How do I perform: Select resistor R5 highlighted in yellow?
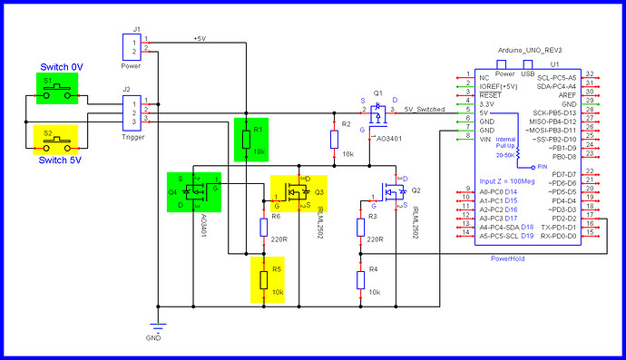pos(264,279)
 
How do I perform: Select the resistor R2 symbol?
pos(335,139)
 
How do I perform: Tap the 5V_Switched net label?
pos(424,108)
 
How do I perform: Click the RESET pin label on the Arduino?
pos(491,94)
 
